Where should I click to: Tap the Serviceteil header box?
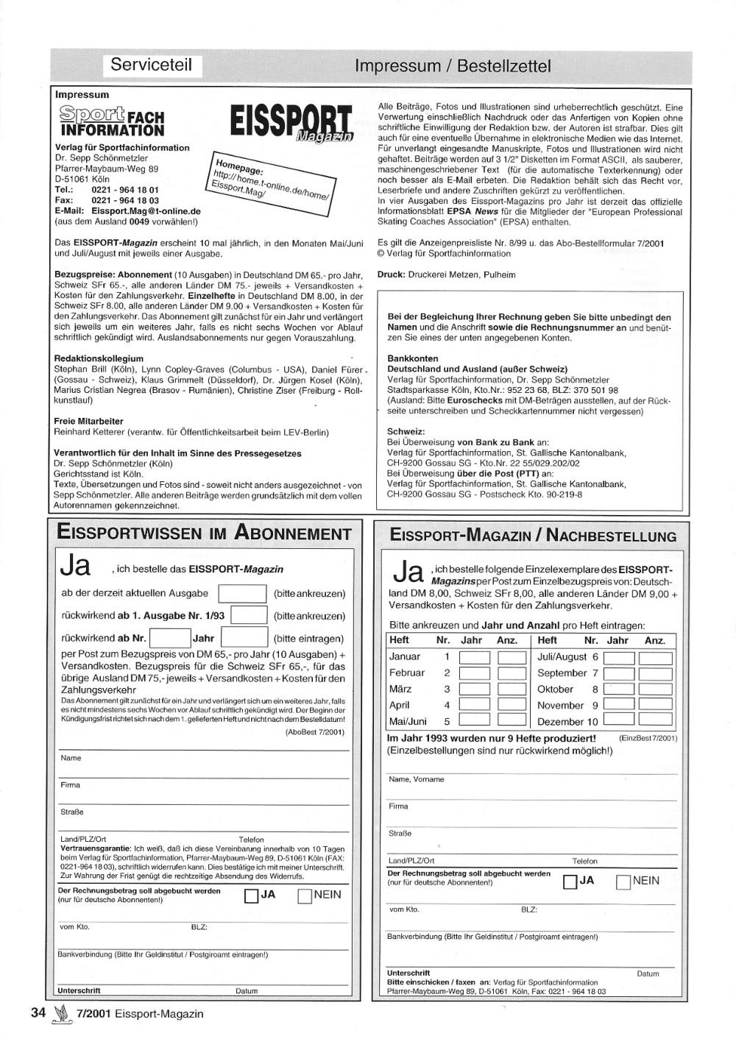point(151,65)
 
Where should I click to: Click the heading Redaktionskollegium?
point(99,358)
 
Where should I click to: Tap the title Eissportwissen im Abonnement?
point(204,533)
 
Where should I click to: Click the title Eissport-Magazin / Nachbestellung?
point(534,536)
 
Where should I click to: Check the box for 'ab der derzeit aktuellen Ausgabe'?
point(243,594)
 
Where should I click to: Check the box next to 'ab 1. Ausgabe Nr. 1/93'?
point(248,616)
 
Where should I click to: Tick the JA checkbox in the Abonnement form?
point(251,896)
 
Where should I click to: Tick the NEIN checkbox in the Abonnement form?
point(305,896)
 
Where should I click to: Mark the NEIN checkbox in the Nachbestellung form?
point(623,882)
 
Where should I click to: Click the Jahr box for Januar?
point(475,658)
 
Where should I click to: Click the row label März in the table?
point(400,689)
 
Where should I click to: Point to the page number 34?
point(38,1013)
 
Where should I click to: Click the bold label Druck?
point(392,274)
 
